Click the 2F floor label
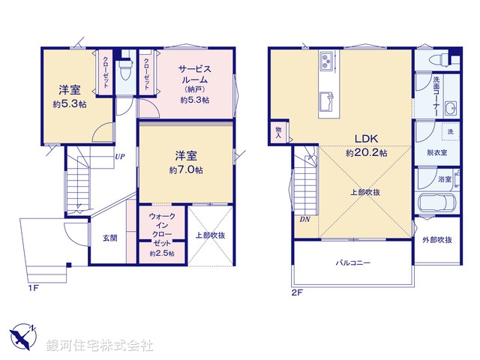tap(296, 292)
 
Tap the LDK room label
tap(367, 139)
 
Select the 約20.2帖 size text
tap(367, 152)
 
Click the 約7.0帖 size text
tap(186, 169)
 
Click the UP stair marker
tap(119, 157)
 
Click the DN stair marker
tap(305, 219)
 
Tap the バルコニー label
tap(352, 263)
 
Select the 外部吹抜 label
tap(436, 240)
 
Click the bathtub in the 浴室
tap(435, 204)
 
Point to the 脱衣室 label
tap(436, 152)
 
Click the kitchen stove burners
tap(328, 59)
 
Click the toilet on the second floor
tap(436, 58)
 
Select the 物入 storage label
tap(278, 133)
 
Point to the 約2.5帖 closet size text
tap(161, 253)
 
